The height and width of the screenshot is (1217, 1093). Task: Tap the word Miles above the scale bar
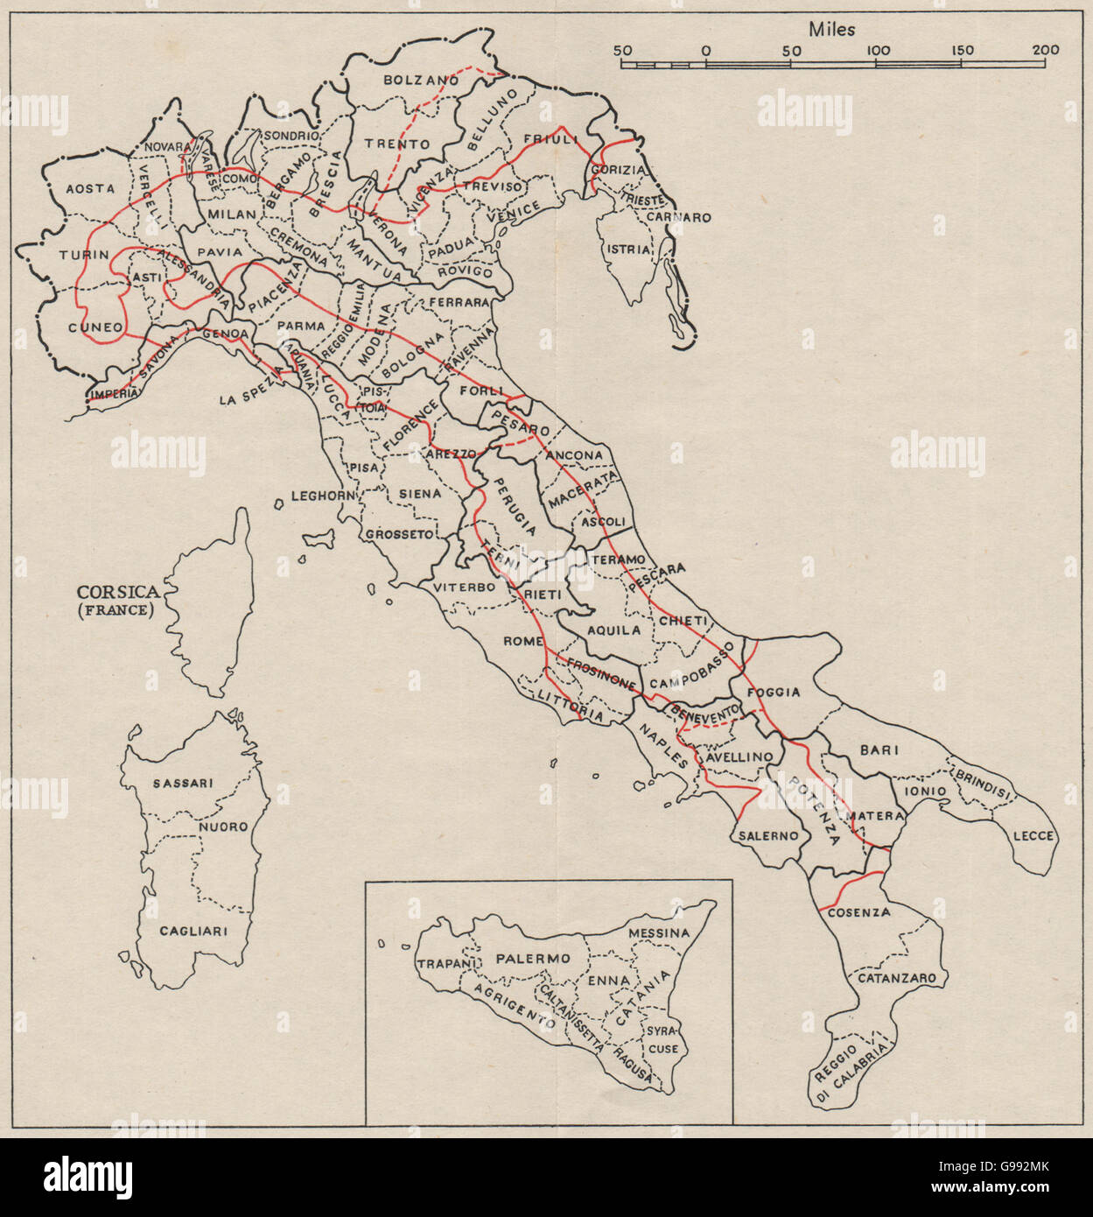(x=831, y=29)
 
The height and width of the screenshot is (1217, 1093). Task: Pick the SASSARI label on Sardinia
(x=182, y=783)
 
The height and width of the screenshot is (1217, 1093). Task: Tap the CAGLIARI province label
(x=193, y=931)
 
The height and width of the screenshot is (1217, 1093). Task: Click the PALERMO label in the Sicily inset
(x=533, y=959)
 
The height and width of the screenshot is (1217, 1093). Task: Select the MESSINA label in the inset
(x=659, y=933)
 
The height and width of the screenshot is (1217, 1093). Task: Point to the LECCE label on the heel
(x=1033, y=836)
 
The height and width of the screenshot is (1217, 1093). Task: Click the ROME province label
(x=523, y=642)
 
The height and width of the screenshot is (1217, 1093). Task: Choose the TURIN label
(x=84, y=255)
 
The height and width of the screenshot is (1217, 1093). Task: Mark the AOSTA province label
(x=90, y=188)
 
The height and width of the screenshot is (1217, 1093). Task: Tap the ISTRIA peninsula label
(x=628, y=250)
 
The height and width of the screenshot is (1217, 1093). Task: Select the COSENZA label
(x=858, y=912)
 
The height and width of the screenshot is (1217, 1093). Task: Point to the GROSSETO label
(x=399, y=533)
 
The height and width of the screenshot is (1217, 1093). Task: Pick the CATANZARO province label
(x=896, y=978)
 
